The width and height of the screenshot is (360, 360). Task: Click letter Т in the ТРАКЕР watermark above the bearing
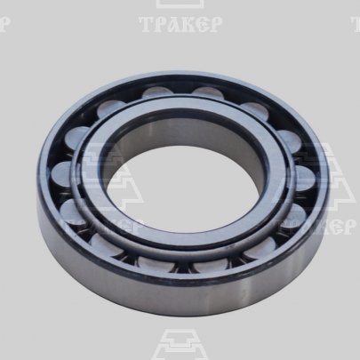147,24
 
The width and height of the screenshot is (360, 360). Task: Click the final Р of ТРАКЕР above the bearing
215,24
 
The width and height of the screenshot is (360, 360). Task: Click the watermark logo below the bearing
180,344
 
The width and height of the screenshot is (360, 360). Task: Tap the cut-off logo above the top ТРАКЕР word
180,4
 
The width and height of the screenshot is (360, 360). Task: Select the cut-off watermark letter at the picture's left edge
4,24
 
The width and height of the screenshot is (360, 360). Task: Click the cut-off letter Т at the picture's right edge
356,24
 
